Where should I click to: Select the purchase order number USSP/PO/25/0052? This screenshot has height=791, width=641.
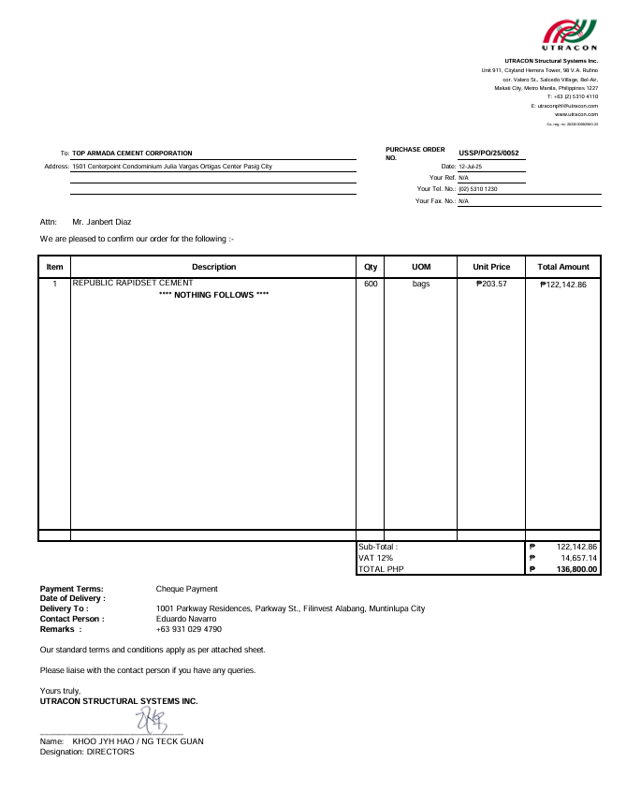488,153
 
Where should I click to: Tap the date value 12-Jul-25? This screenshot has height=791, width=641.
470,166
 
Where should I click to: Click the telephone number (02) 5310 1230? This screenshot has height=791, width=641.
477,189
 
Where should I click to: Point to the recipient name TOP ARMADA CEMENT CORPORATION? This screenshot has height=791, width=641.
132,154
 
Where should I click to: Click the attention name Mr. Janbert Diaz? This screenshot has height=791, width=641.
102,222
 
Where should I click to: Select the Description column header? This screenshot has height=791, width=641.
213,267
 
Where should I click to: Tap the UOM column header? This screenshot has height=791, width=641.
421,267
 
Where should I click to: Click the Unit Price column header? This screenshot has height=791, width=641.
491,267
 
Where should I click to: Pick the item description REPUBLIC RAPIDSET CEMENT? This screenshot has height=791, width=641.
133,283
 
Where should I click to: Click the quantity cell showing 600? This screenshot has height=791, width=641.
371,284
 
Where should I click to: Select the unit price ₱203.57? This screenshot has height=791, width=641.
491,284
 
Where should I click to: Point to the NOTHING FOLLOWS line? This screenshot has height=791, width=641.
214,295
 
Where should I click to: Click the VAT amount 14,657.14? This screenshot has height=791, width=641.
579,558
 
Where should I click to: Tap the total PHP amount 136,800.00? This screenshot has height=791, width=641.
576,569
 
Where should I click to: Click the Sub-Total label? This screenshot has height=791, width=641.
378,547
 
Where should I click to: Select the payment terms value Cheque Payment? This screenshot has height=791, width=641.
186,589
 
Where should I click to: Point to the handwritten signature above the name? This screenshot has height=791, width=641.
151,721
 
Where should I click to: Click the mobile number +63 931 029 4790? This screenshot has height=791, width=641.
188,629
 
